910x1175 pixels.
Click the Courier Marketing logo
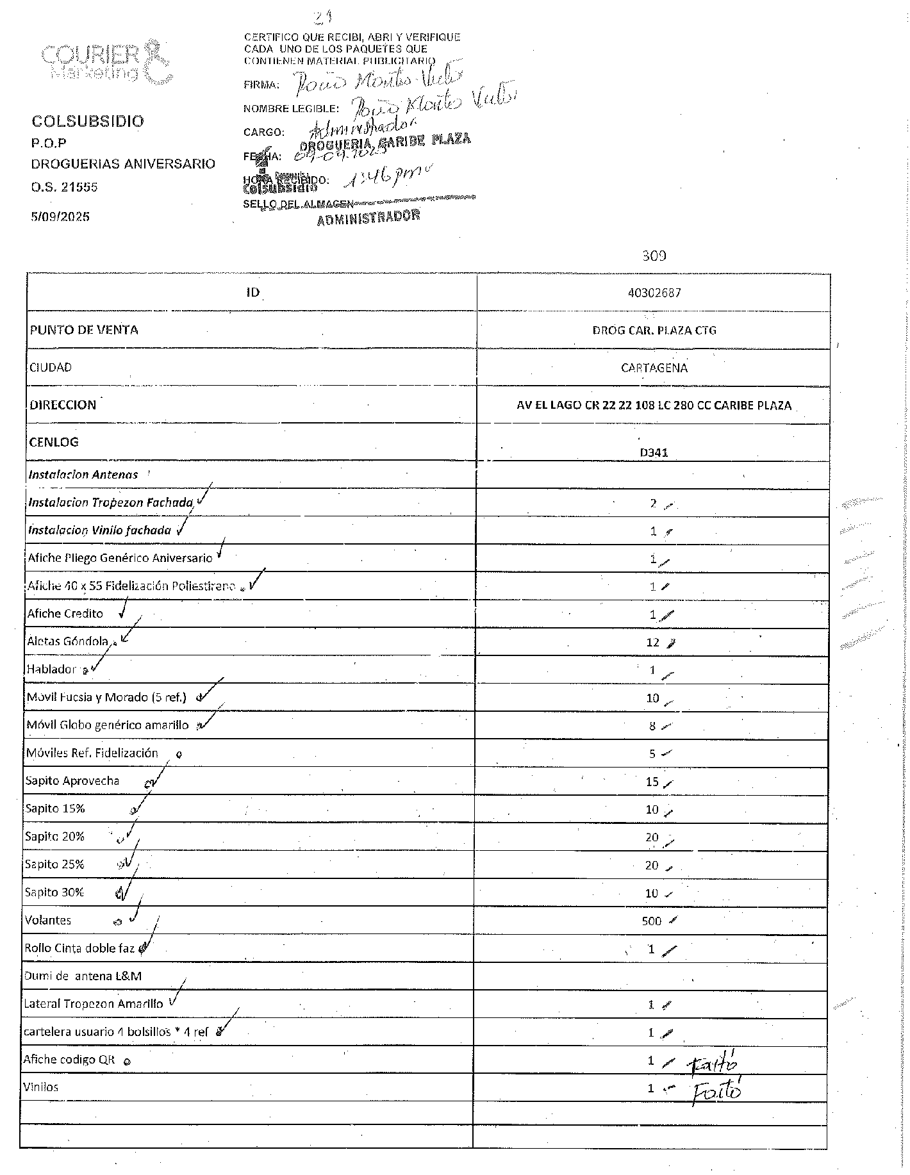click(x=106, y=63)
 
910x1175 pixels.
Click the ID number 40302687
click(x=654, y=293)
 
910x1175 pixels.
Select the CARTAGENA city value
click(x=654, y=368)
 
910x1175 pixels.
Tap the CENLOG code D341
click(x=654, y=452)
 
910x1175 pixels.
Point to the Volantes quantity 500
click(x=651, y=921)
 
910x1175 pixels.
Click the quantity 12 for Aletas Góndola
click(x=652, y=643)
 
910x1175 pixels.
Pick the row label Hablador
click(x=51, y=670)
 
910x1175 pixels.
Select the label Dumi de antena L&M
click(x=83, y=976)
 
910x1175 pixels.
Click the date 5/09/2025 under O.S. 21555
click(x=60, y=217)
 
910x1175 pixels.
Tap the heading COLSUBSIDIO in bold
click(x=88, y=121)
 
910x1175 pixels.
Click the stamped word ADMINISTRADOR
click(x=368, y=218)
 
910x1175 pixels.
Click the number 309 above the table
click(x=654, y=256)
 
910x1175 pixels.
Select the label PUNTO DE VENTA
click(x=83, y=330)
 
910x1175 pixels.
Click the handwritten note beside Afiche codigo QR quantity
click(x=713, y=1064)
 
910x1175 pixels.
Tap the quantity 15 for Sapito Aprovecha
click(x=652, y=782)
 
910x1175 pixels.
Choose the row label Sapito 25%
click(x=54, y=865)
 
